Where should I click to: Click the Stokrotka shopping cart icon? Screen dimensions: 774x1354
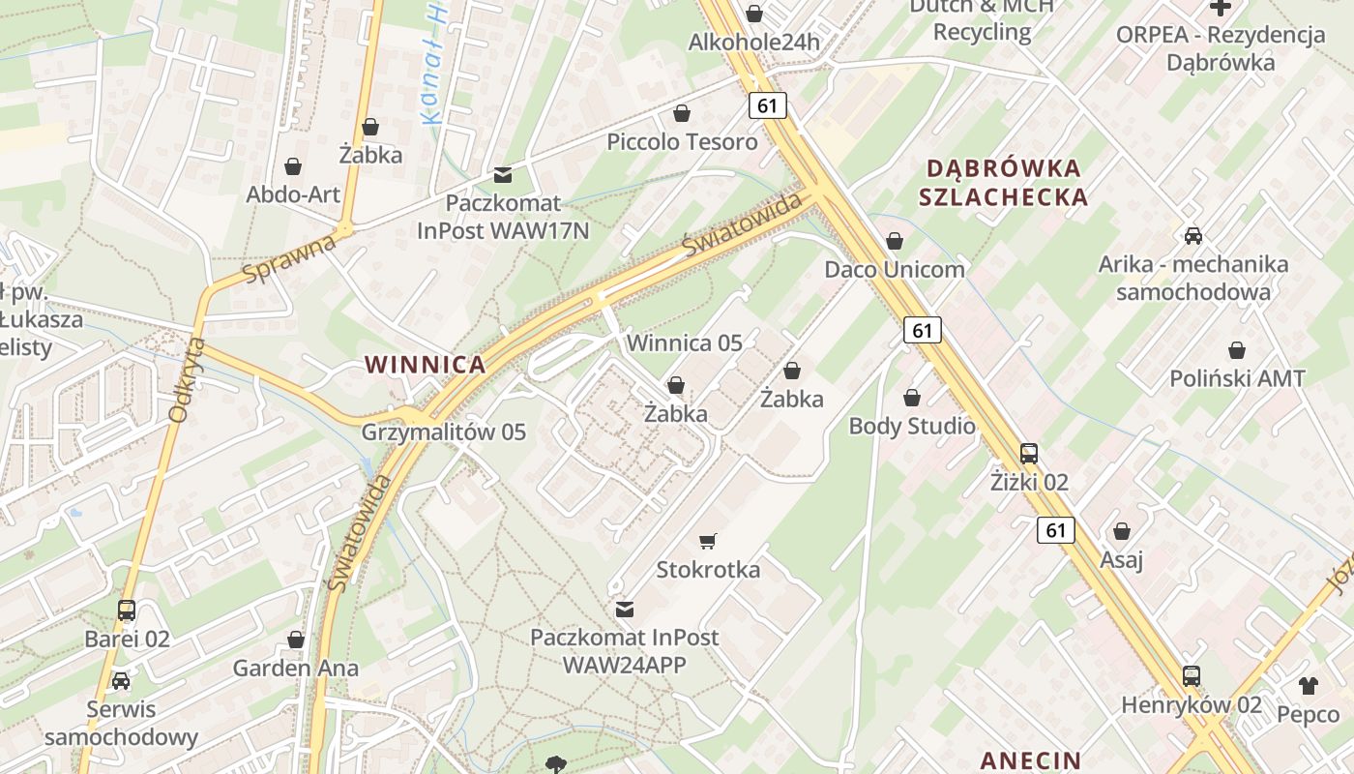click(x=708, y=541)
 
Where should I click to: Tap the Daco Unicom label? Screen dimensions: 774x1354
click(x=895, y=269)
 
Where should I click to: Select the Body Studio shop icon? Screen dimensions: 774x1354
click(x=911, y=398)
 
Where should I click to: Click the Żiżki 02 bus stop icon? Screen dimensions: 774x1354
click(x=1029, y=453)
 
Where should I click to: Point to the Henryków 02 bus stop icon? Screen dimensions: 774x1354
click(x=1192, y=676)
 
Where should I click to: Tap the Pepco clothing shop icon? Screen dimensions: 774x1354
click(x=1308, y=686)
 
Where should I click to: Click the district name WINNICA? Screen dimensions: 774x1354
click(x=425, y=365)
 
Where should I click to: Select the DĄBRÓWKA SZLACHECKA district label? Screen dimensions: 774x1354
click(x=1004, y=182)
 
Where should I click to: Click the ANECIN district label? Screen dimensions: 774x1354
click(x=1030, y=759)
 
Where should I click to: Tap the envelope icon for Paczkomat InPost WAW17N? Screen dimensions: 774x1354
click(x=502, y=175)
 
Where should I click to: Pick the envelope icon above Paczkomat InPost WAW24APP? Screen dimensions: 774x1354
click(x=625, y=610)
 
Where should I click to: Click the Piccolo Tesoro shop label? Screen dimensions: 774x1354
click(x=682, y=142)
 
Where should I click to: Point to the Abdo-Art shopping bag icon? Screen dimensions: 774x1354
click(x=293, y=166)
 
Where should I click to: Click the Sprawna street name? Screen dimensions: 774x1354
click(x=289, y=258)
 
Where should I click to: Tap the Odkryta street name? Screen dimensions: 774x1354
click(x=187, y=379)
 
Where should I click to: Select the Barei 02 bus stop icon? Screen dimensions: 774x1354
click(x=127, y=610)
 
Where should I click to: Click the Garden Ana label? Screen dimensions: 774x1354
click(x=295, y=668)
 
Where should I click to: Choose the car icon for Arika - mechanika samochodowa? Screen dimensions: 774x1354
click(x=1193, y=235)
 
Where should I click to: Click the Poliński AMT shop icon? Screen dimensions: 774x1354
click(x=1237, y=350)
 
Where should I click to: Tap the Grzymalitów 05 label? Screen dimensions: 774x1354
click(x=443, y=432)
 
